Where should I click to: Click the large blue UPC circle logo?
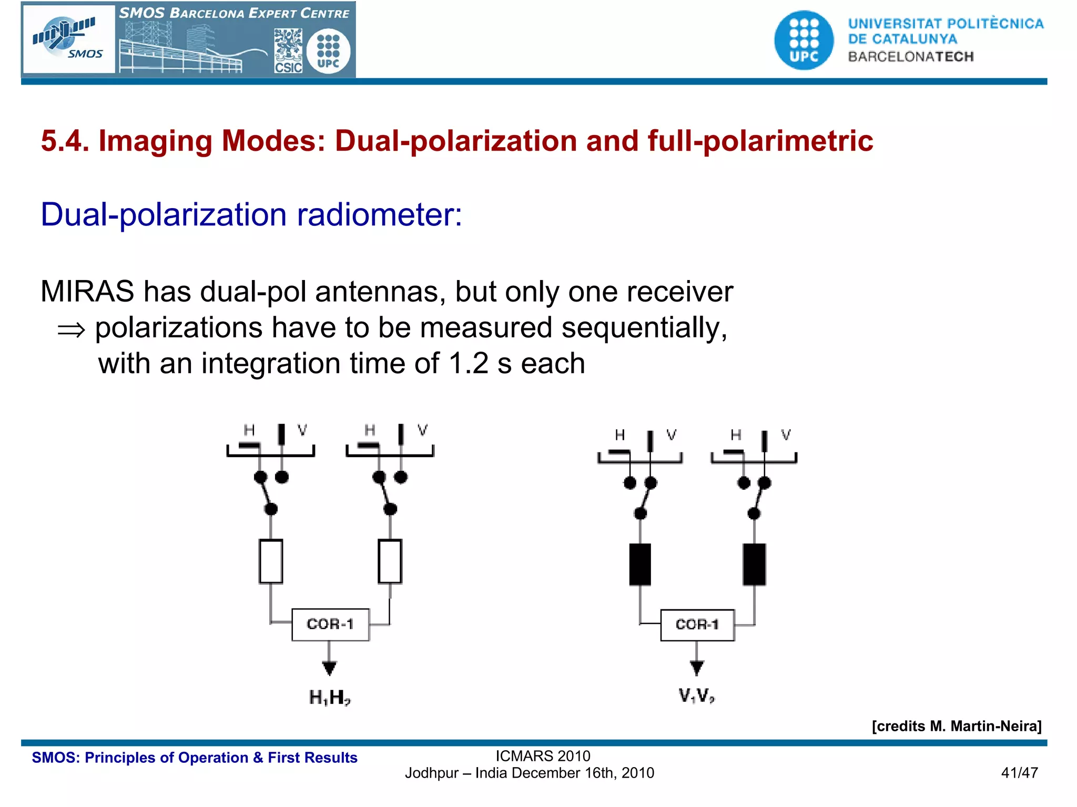coord(804,40)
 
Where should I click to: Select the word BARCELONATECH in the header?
coord(911,57)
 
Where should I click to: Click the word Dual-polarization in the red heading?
coord(456,141)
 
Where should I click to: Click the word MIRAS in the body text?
coord(87,292)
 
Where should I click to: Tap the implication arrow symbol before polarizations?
coord(71,330)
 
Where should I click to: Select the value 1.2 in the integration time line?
coord(469,364)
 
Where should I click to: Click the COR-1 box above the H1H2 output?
coord(330,624)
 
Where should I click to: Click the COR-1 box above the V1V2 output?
coord(697,625)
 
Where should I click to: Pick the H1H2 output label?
coord(330,698)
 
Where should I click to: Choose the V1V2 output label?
coord(696,696)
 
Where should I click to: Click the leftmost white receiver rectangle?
coord(271,561)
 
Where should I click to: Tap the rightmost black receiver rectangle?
coord(754,564)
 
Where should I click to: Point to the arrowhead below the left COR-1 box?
coord(329,668)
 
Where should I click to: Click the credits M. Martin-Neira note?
coord(956,726)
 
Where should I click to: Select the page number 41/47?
coord(1019,773)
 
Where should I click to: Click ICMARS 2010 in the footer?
coord(543,756)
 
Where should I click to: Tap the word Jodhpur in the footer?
coord(431,773)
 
